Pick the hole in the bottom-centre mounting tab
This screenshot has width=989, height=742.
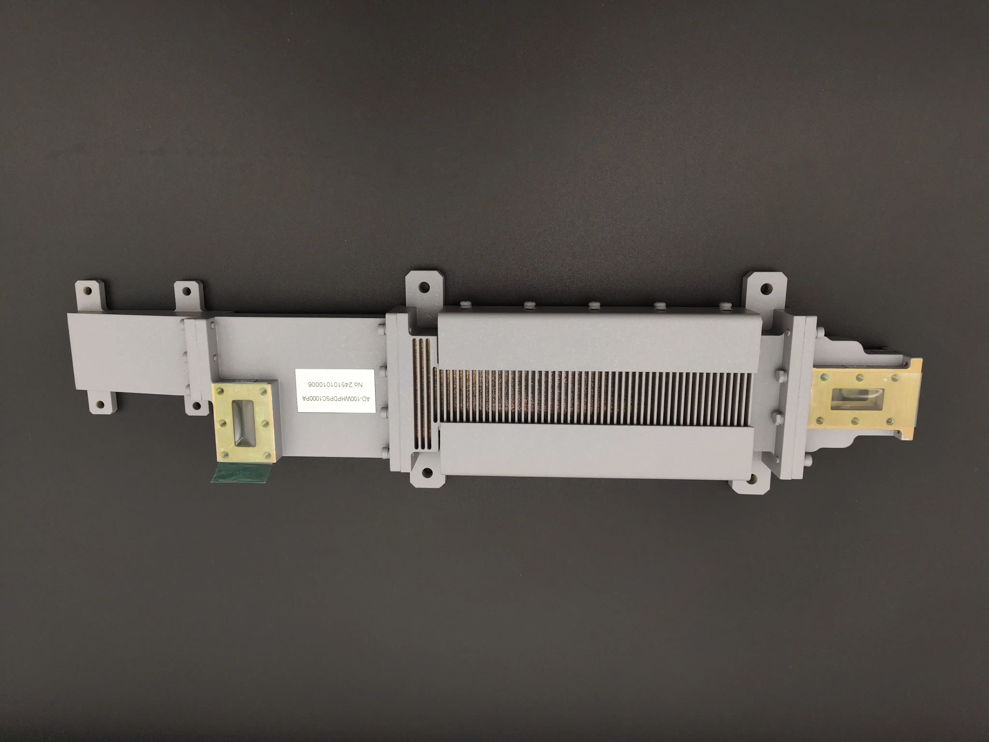(427, 472)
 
